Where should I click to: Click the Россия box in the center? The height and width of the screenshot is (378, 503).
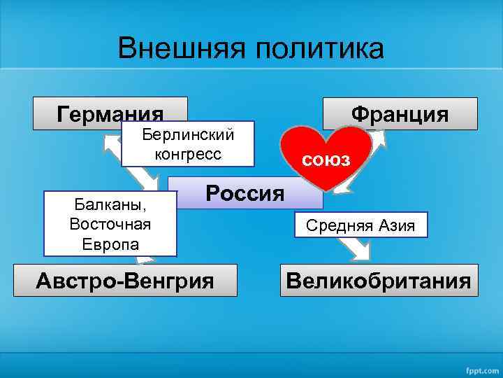coord(245,192)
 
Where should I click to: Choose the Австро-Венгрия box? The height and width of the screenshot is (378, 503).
coord(124,281)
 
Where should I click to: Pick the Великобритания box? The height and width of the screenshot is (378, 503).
coord(379,281)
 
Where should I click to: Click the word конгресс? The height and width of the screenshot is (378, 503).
coord(188,154)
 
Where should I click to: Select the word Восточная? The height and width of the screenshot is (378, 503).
coord(110,225)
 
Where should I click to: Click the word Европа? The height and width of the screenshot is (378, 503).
coord(110,244)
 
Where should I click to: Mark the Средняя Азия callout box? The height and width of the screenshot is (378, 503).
coord(360,225)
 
